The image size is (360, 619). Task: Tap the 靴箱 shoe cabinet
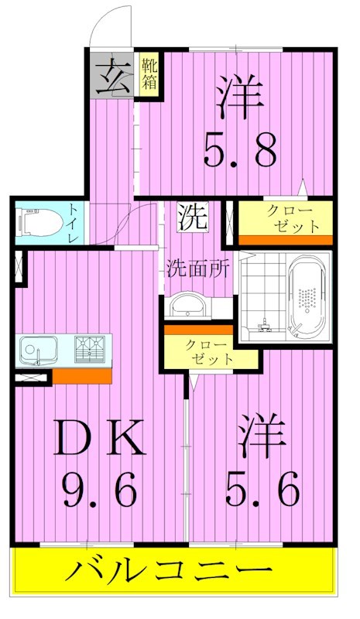click(149, 74)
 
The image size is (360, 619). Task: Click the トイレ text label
click(72, 222)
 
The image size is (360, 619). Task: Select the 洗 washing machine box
click(191, 217)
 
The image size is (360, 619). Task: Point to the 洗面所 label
click(197, 269)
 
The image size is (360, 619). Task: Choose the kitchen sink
click(36, 352)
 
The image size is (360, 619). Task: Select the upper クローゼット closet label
click(291, 218)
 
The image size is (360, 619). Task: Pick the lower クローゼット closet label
click(209, 351)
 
